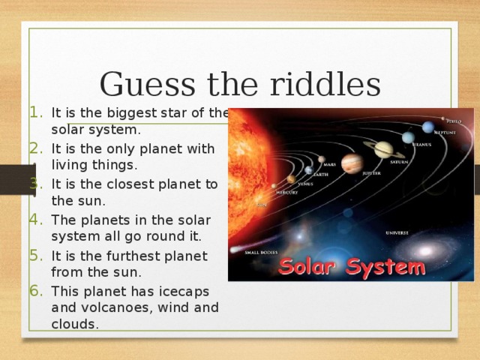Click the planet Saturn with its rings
[383, 148]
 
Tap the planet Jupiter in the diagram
[351, 163]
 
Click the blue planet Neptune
[427, 127]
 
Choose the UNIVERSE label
[397, 232]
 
